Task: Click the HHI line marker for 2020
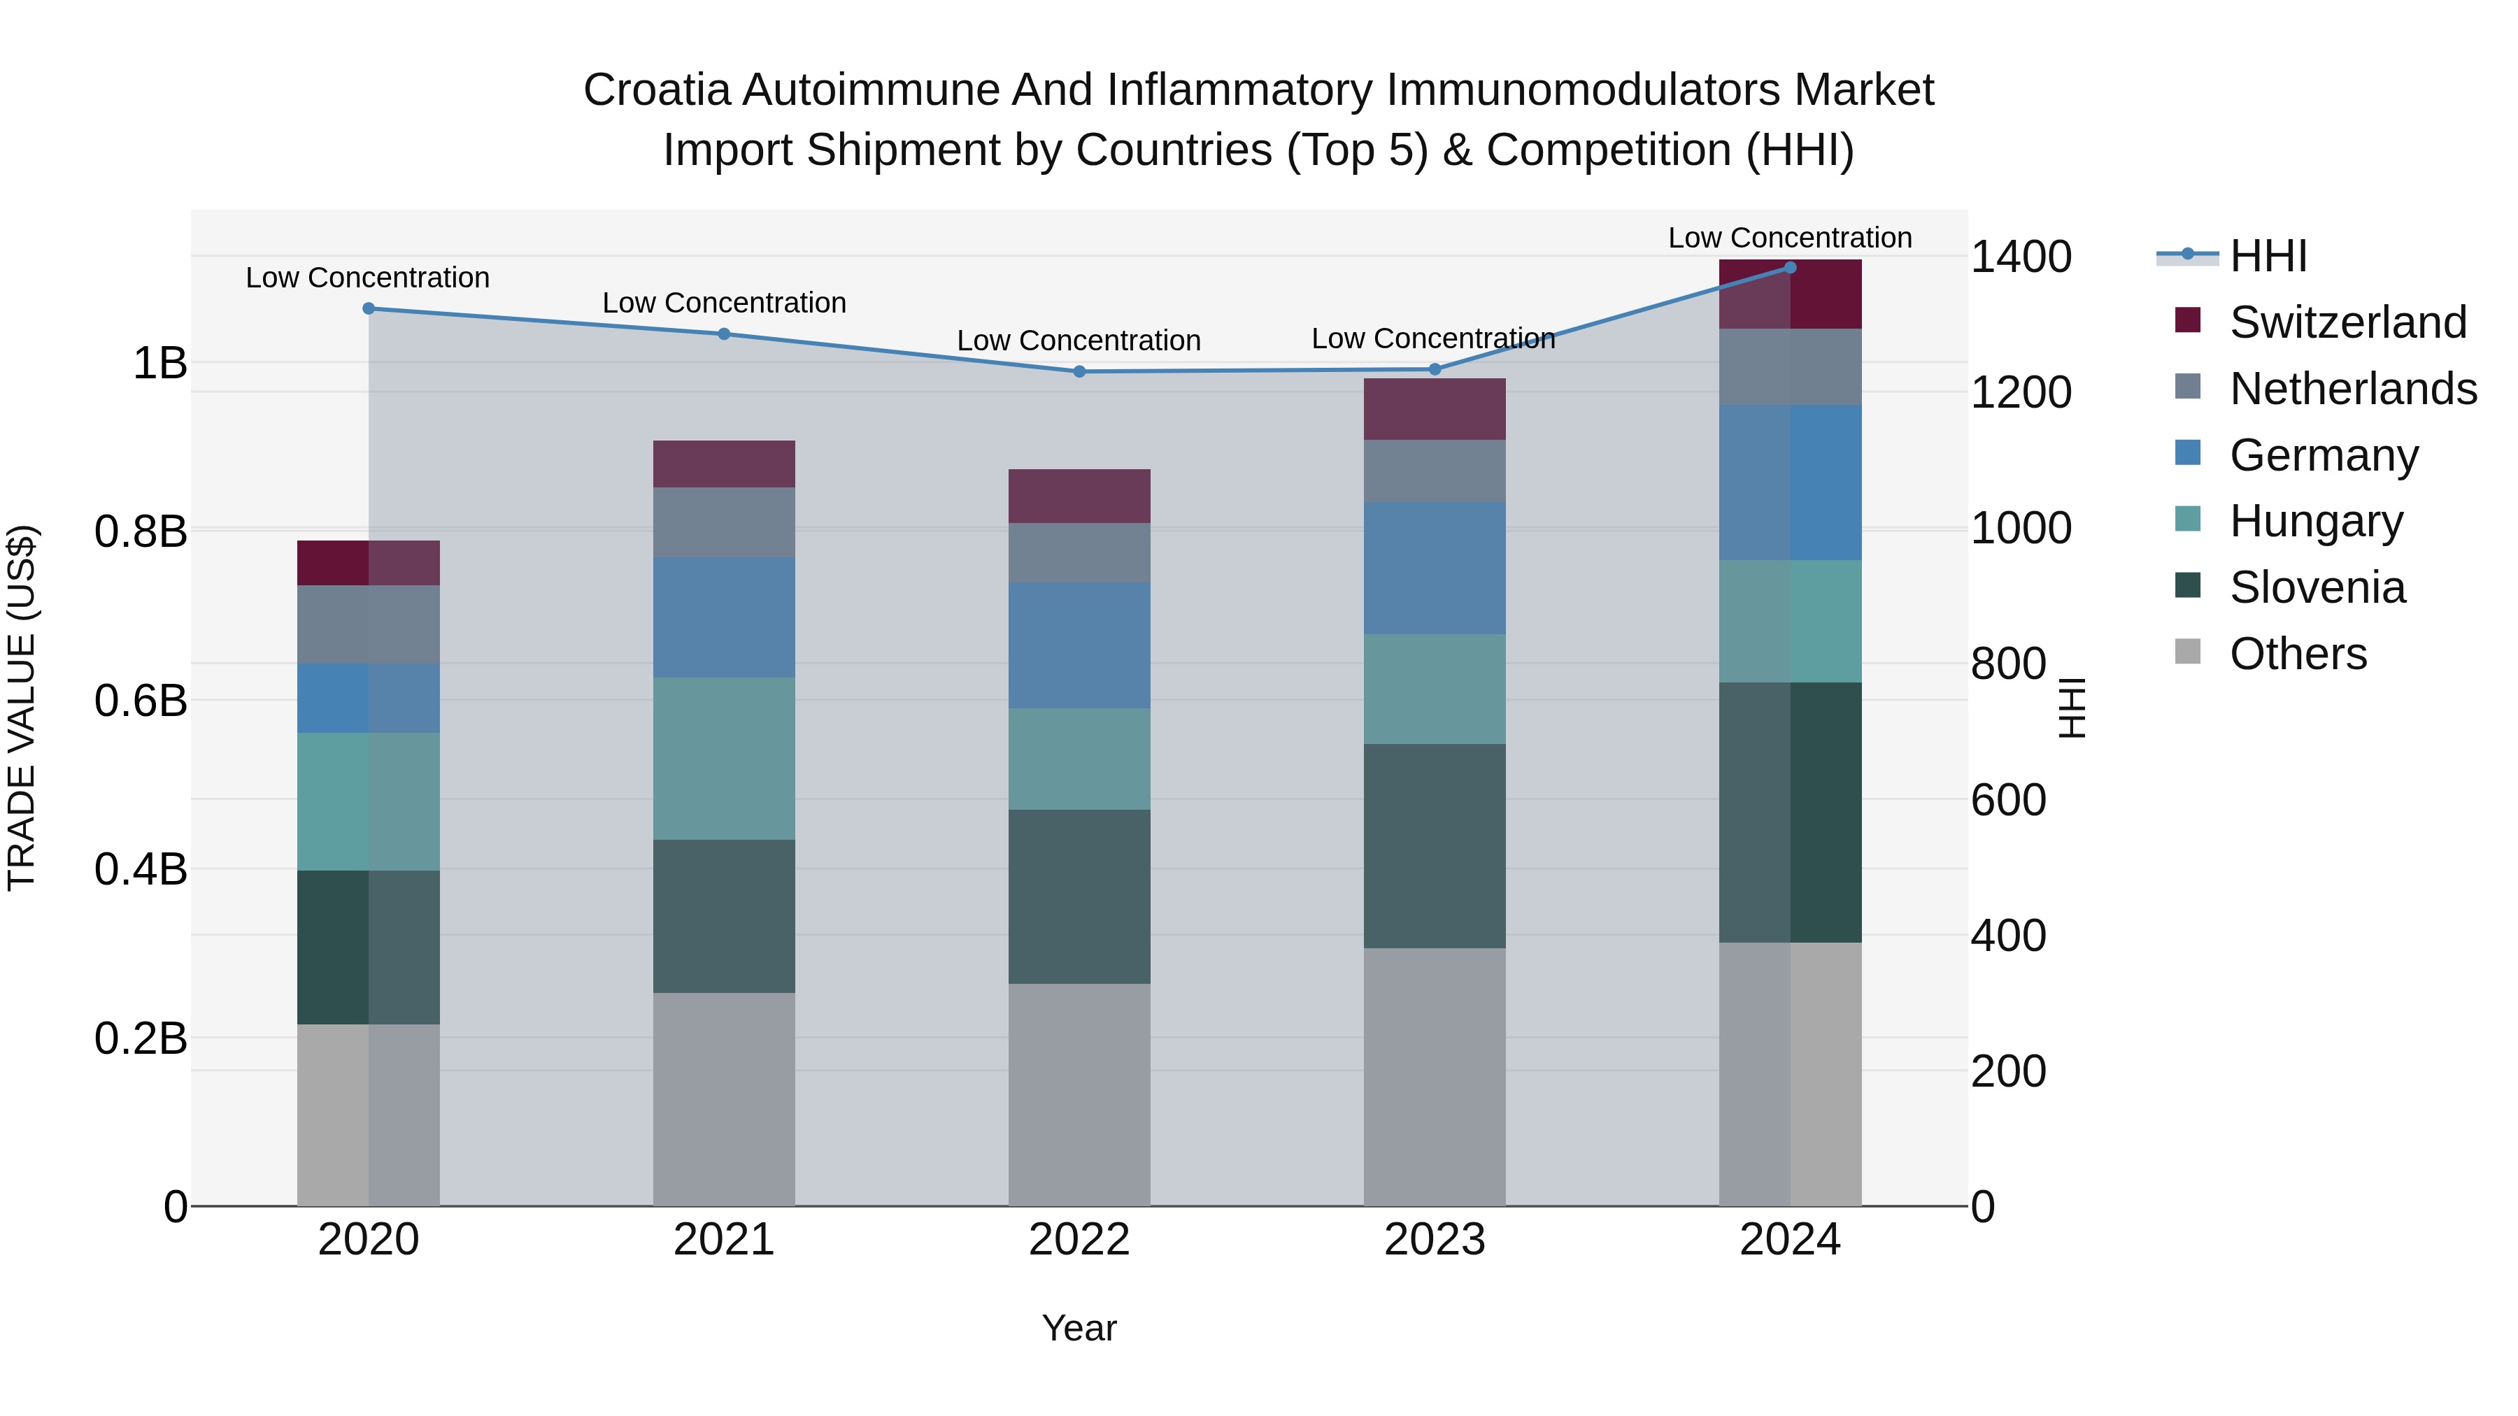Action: [x=369, y=309]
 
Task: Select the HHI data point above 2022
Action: [x=1079, y=371]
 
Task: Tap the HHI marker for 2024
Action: [x=1790, y=267]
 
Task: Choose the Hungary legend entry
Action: [x=2316, y=521]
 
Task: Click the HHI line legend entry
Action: [x=2268, y=256]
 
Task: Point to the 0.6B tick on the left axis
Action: [x=141, y=701]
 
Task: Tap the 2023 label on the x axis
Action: [x=1434, y=1240]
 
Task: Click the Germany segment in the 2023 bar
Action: [x=1434, y=568]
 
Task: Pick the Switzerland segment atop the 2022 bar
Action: [x=1079, y=496]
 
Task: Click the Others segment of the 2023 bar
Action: [x=1434, y=1076]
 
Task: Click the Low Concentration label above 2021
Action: [x=723, y=303]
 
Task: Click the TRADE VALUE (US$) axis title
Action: [x=22, y=708]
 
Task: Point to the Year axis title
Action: [x=1079, y=1328]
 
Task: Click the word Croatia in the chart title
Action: [x=657, y=90]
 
